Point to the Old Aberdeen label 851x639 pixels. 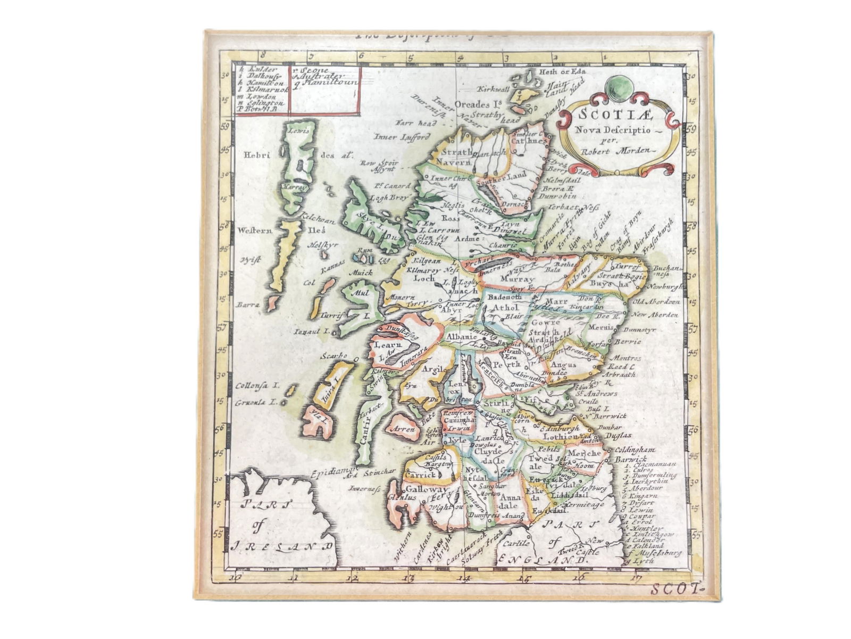[655, 302]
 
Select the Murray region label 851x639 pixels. [515, 278]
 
